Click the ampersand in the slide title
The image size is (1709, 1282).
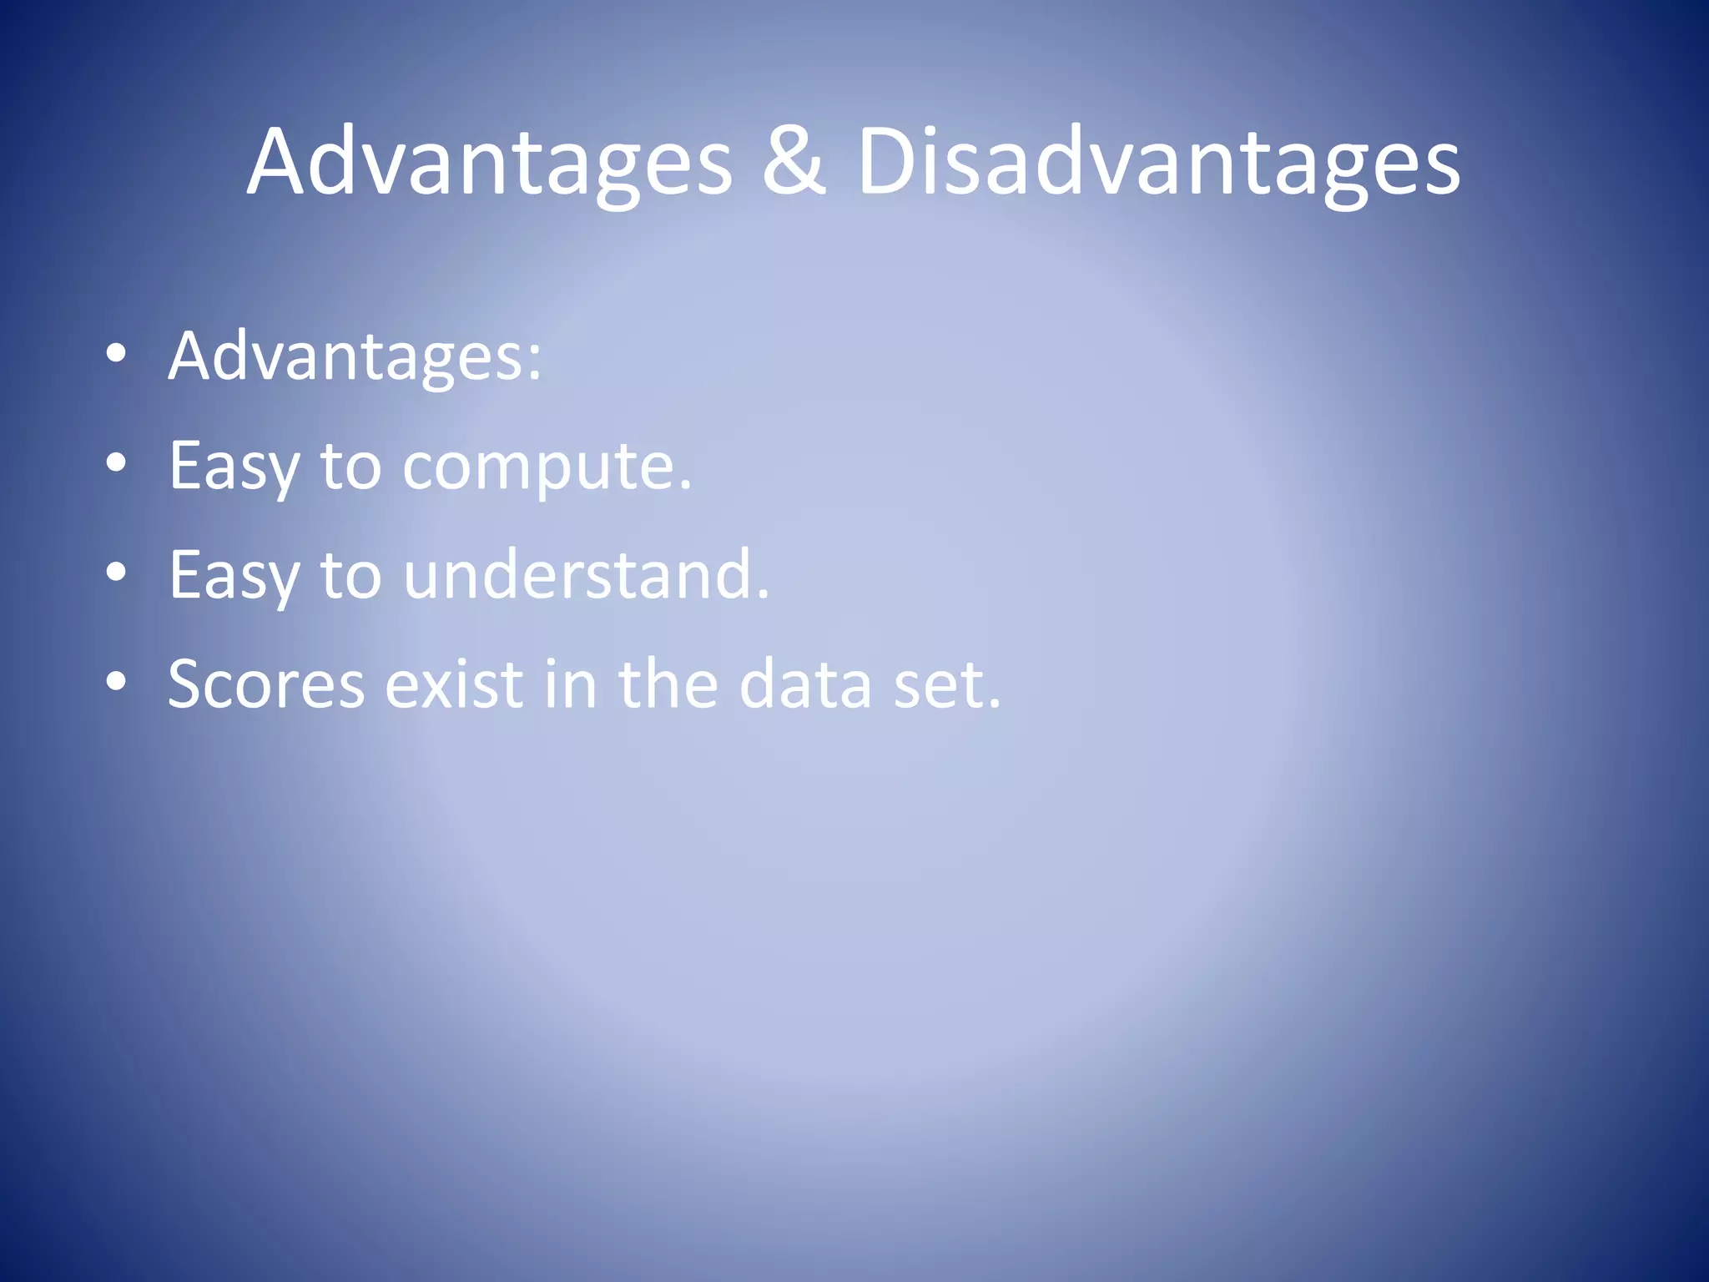point(793,162)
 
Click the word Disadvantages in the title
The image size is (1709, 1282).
point(1158,162)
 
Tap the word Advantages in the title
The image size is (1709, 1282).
point(490,162)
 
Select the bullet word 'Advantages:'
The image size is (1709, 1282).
point(355,357)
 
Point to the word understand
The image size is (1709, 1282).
point(586,576)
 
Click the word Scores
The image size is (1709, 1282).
point(266,685)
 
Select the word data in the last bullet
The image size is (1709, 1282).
point(805,685)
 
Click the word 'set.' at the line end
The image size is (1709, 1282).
point(946,685)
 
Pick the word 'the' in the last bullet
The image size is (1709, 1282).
point(668,685)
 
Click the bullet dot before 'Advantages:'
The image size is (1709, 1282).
point(117,354)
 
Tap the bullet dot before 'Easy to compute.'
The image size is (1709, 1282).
point(117,462)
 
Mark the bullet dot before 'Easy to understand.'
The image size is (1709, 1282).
point(117,573)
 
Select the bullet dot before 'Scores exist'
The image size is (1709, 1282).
point(117,682)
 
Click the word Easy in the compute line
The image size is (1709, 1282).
point(233,467)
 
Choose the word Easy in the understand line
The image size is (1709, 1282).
point(233,577)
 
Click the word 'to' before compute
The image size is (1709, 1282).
point(350,467)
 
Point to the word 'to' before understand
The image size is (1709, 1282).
point(350,577)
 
